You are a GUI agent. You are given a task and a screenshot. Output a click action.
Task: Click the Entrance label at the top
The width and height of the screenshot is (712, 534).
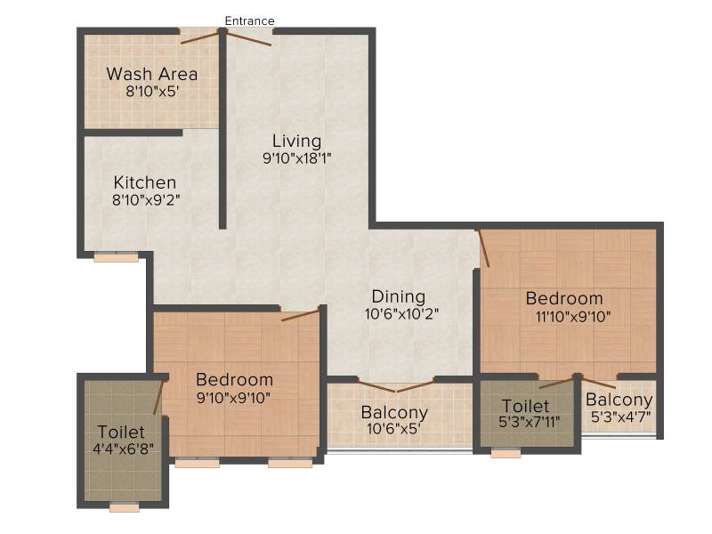250,20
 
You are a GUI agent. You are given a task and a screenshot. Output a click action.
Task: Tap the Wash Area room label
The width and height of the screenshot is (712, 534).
152,74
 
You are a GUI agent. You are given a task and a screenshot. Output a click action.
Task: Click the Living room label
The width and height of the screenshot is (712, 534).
297,142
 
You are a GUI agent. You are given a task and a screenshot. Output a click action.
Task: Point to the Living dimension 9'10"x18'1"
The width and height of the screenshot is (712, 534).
297,158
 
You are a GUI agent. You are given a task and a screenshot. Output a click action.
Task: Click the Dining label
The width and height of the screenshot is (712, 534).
399,296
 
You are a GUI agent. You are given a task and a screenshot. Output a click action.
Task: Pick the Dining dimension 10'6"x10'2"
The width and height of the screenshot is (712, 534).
401,314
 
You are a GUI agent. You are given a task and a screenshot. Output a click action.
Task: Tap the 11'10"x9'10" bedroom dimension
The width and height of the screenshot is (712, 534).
573,317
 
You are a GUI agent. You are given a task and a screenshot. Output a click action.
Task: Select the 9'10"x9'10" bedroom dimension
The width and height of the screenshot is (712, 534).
233,398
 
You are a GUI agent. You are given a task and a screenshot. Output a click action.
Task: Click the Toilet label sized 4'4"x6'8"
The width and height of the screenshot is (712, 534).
121,432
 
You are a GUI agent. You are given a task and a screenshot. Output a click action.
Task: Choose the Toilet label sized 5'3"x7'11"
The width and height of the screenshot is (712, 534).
525,406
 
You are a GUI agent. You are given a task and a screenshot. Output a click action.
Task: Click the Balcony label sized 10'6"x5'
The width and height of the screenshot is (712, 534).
394,413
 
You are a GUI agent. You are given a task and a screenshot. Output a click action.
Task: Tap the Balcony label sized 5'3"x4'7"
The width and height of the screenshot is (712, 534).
619,400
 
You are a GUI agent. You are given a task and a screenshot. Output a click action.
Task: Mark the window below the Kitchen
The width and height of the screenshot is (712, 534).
116,257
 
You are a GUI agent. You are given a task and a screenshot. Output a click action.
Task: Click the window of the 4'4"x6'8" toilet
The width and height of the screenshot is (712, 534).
125,506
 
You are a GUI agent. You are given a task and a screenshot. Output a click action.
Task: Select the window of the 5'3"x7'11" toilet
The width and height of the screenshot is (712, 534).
506,453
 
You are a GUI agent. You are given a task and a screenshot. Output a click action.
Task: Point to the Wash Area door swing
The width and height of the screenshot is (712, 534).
199,37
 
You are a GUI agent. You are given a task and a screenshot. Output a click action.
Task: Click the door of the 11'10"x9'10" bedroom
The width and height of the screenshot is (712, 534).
483,248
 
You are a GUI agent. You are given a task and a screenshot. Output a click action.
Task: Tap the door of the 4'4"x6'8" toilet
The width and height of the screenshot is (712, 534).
158,397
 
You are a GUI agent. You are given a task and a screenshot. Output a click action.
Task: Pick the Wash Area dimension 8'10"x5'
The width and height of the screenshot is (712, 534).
152,92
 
